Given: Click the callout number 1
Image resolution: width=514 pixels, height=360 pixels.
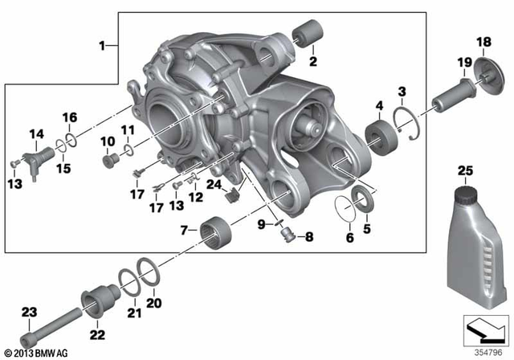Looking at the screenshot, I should coord(101,47).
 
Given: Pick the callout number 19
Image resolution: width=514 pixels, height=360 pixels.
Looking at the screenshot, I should coord(464,63).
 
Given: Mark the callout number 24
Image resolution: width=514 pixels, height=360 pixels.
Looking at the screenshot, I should coord(213,183).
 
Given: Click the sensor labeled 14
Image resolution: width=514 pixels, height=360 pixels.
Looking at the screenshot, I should coord(34,160).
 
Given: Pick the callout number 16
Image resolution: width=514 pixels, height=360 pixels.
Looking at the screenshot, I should coord(70,117).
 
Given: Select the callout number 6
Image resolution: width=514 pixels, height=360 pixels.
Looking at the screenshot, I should coord(349,239).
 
